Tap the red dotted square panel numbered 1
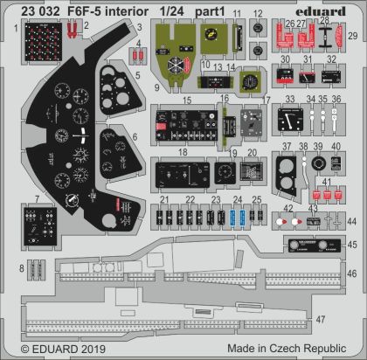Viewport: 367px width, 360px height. pyautogui.click(x=38, y=36)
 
